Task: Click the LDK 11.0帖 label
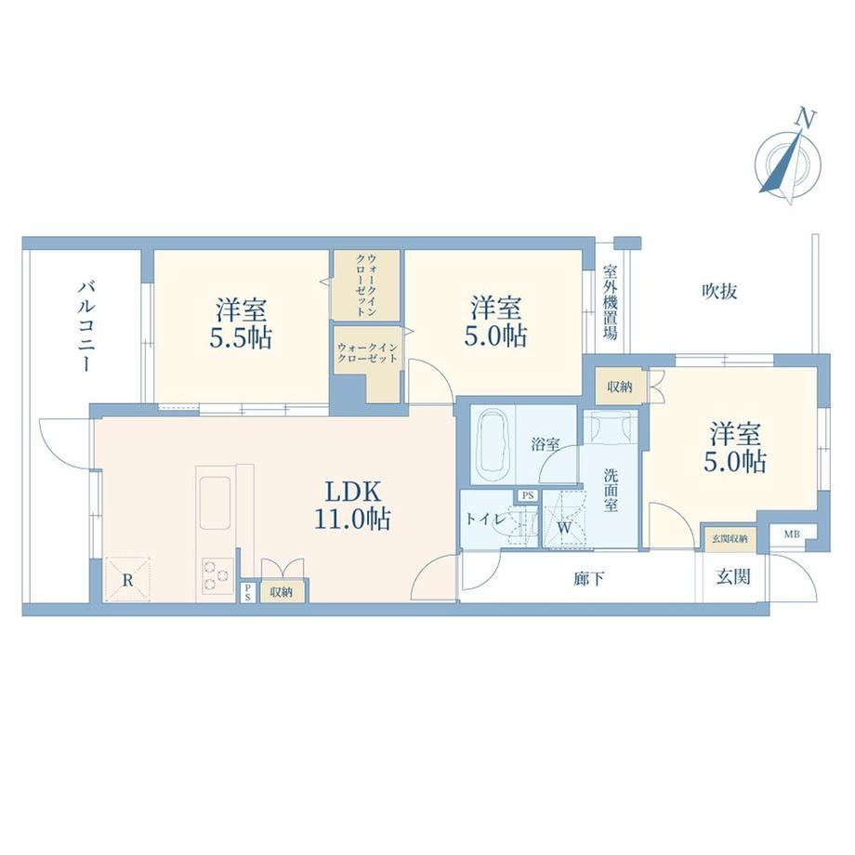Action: pyautogui.click(x=352, y=506)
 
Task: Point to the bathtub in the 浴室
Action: pyautogui.click(x=493, y=445)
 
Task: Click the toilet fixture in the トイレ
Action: pyautogui.click(x=520, y=524)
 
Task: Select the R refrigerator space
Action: pyautogui.click(x=127, y=580)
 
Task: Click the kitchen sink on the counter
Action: pyautogui.click(x=215, y=502)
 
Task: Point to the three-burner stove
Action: pyautogui.click(x=217, y=576)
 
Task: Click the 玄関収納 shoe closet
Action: pyautogui.click(x=729, y=539)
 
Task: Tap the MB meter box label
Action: pyautogui.click(x=792, y=534)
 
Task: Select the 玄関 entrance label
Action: pyautogui.click(x=733, y=576)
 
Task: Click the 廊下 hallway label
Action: pyautogui.click(x=589, y=579)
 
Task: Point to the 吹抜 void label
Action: pyautogui.click(x=719, y=291)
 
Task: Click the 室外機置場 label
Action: pyautogui.click(x=611, y=302)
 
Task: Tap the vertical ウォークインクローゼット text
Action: pyautogui.click(x=366, y=284)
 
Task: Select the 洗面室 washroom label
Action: pyautogui.click(x=611, y=490)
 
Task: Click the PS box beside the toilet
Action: pyautogui.click(x=527, y=495)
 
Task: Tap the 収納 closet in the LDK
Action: pyautogui.click(x=282, y=591)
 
